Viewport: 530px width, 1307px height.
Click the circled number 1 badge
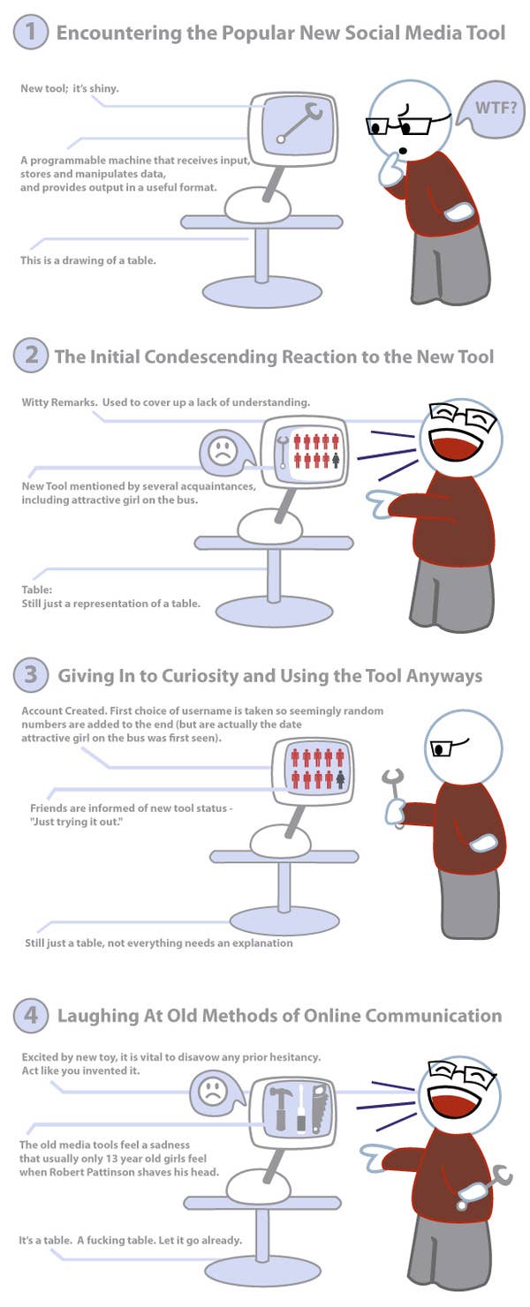(30, 32)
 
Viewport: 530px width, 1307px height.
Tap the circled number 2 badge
(30, 355)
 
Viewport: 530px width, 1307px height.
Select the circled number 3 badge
(30, 674)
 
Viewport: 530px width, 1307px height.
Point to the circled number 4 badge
(30, 1015)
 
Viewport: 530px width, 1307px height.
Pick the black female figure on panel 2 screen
(336, 461)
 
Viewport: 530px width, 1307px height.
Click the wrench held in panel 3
(395, 797)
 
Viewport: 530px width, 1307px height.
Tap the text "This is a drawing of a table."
(88, 260)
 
